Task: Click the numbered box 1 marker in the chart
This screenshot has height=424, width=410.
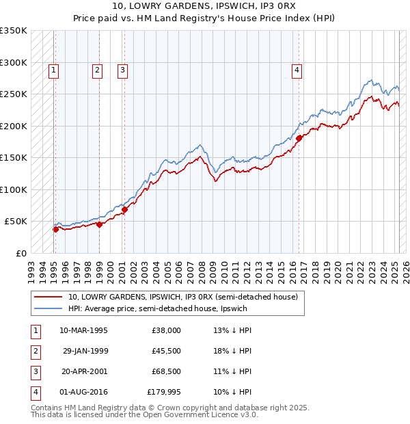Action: click(x=53, y=69)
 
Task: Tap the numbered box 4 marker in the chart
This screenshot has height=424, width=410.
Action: click(x=297, y=69)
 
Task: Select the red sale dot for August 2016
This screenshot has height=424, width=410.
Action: click(x=299, y=138)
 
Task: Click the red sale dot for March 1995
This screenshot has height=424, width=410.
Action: click(x=55, y=229)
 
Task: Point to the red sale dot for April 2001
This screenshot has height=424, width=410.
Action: click(x=125, y=209)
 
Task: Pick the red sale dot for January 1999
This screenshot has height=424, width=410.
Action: click(x=100, y=224)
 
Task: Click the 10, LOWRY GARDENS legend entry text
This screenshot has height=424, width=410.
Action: click(x=182, y=297)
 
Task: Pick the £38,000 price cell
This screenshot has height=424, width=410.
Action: click(x=166, y=330)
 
